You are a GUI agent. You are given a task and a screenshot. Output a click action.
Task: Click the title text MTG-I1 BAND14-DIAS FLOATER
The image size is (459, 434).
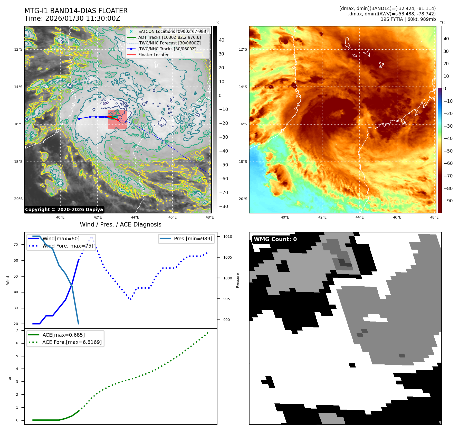(76, 11)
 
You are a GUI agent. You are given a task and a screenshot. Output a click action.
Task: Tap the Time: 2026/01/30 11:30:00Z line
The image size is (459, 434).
(72, 18)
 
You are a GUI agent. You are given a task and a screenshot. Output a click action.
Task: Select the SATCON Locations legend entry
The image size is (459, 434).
(173, 31)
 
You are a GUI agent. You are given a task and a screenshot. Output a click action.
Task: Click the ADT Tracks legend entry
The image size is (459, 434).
(169, 37)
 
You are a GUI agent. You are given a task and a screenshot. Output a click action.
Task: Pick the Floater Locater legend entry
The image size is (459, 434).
(153, 55)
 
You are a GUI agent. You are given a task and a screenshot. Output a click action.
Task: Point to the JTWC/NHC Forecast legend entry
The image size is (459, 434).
(169, 43)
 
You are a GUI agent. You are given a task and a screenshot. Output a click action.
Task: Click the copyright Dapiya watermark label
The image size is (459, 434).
(64, 210)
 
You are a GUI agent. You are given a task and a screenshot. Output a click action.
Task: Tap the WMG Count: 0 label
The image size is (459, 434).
(275, 239)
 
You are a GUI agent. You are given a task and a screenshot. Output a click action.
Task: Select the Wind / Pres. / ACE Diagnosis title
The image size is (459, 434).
(120, 224)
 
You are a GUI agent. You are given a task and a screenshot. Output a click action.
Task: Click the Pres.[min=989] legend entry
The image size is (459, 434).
(193, 239)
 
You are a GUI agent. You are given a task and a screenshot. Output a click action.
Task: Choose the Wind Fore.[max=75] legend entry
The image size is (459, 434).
(68, 246)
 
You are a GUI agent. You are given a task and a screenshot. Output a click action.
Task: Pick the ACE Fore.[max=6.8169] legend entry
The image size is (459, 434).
(72, 342)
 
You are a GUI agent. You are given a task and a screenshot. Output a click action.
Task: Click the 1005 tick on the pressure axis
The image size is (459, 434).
(227, 257)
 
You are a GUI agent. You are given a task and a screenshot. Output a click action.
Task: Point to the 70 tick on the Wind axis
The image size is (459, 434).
(16, 244)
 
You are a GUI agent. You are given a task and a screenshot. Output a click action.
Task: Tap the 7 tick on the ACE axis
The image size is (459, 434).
(17, 330)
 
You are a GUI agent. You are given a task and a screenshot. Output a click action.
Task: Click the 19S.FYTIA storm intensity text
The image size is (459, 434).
(408, 19)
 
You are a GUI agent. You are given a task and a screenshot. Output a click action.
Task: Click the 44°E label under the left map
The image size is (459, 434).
(135, 217)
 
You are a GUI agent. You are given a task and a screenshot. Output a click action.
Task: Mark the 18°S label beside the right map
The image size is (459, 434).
(243, 162)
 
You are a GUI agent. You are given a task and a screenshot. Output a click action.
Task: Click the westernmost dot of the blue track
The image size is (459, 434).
(79, 119)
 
